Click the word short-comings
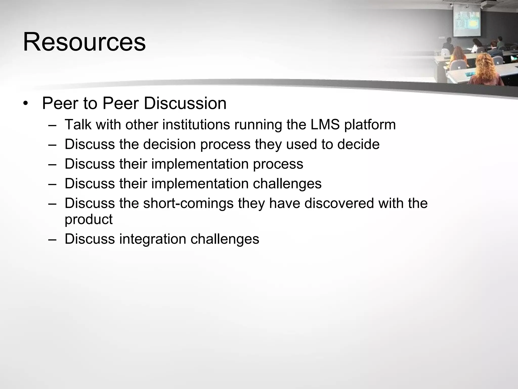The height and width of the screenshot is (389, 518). (x=188, y=203)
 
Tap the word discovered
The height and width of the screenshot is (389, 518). (x=339, y=203)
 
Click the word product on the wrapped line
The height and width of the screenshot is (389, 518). (x=89, y=220)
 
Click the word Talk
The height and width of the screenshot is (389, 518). (x=78, y=124)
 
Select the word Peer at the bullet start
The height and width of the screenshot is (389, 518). (x=60, y=103)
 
